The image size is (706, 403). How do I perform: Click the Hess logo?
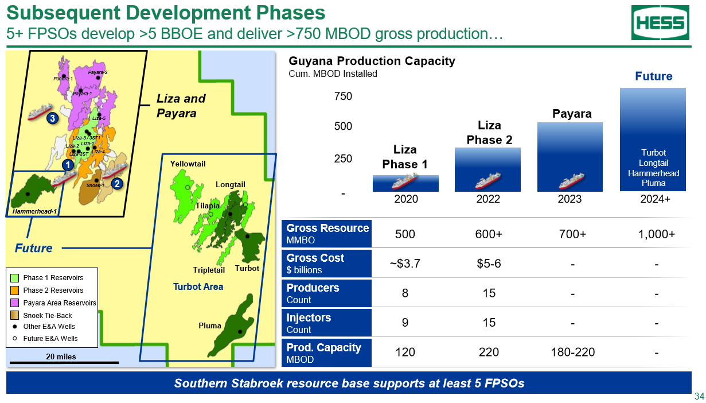coord(660,23)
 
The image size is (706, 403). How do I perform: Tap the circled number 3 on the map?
coord(52,118)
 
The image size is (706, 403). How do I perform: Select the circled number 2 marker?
coord(117,184)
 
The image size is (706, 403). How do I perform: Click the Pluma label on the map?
coord(209,325)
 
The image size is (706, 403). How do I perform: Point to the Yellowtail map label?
coord(188,164)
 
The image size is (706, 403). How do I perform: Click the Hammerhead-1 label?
coord(34,211)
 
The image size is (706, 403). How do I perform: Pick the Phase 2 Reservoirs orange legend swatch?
coord(14,290)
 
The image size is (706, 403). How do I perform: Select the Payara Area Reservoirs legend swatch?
coord(14,303)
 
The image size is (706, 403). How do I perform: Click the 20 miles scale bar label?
coord(61,356)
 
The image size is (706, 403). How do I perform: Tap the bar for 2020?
coord(405,183)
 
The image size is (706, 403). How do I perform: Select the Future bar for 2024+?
coord(653,139)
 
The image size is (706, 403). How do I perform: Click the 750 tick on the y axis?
coord(343,96)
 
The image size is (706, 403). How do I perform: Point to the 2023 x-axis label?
coord(570,199)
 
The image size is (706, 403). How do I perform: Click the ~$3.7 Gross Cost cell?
coord(405,263)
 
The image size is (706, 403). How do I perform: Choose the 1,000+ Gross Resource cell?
coord(657,234)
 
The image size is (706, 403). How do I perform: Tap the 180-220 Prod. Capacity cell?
coord(573,352)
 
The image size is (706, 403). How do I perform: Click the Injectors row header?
coord(326,323)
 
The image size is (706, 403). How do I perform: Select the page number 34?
coord(699,396)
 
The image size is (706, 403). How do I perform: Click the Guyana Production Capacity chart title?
coord(372,61)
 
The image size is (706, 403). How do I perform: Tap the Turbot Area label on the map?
coord(198,286)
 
